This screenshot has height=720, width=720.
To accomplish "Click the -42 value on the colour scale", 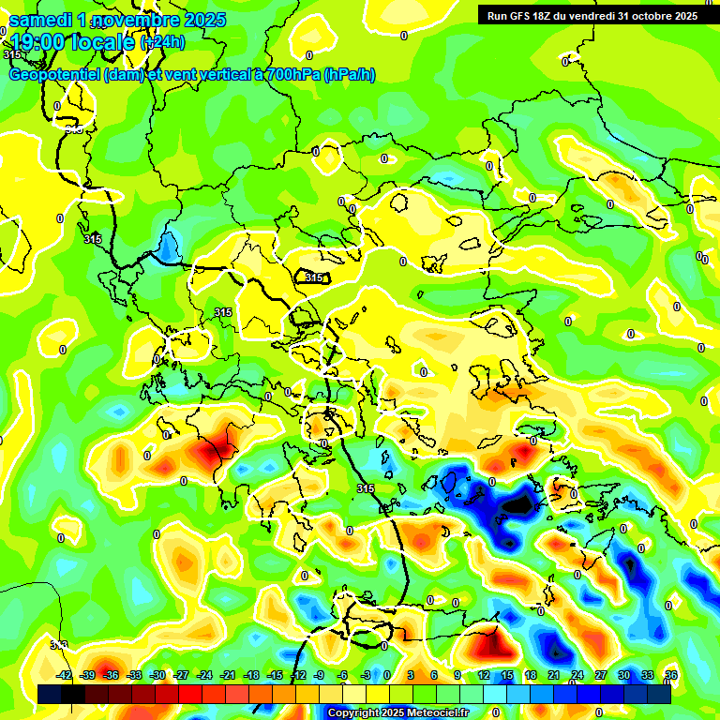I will pos(65,675).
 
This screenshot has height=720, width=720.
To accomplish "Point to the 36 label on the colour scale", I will pos(671,675).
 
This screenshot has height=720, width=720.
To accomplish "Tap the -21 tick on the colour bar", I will pos(228,675).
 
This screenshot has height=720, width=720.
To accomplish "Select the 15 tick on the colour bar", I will pos(507,675).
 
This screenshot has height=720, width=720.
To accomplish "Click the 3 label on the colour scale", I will pos(411,675).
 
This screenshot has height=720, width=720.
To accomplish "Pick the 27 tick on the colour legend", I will pos(600,675).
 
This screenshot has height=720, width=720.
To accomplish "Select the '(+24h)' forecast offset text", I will pos(162,42).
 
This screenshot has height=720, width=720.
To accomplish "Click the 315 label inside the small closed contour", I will pos(314,277).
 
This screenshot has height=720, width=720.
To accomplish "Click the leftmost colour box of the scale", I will pos(50,695).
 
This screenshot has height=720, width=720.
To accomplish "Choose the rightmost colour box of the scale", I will pos(659,695).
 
